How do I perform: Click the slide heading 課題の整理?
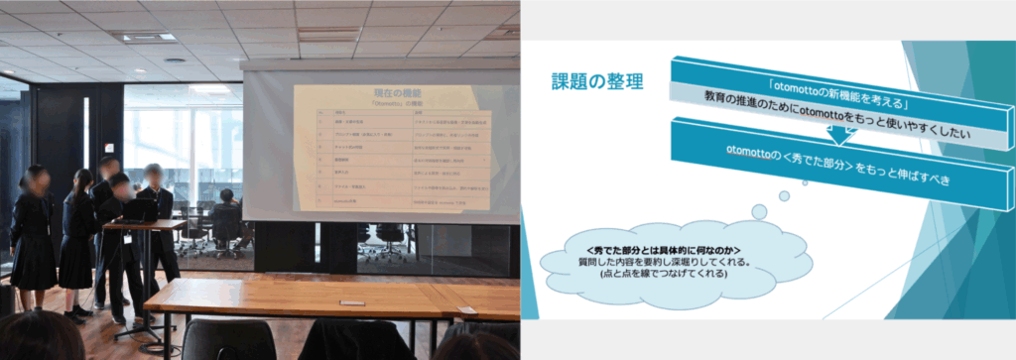[596, 81]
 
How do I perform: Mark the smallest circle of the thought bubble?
[759, 210]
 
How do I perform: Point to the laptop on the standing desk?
[139, 210]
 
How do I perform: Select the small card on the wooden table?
[351, 302]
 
